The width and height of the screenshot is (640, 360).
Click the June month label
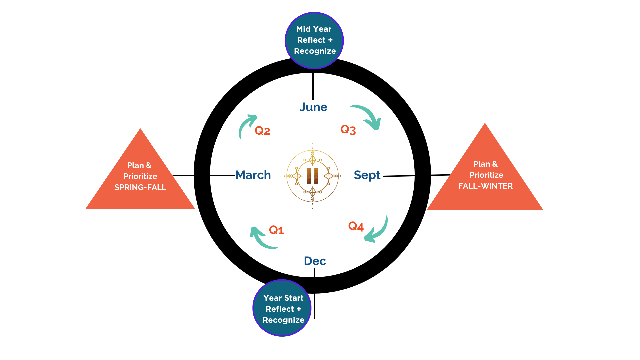(313, 107)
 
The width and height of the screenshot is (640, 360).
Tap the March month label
(253, 175)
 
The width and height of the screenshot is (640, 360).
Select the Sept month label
(367, 175)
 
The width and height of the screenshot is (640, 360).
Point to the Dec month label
(315, 261)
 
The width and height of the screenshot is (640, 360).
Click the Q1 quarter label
(276, 230)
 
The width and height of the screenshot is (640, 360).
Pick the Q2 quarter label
(262, 131)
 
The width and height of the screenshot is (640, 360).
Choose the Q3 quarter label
(348, 129)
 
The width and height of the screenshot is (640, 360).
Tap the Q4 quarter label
(356, 226)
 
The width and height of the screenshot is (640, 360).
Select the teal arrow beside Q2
(246, 125)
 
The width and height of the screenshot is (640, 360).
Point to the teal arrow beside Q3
(368, 116)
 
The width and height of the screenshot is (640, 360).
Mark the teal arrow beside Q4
(378, 231)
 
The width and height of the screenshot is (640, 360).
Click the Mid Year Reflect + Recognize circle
(314, 40)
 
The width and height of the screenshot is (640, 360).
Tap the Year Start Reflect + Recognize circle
(282, 308)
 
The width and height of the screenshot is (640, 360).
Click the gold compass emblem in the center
(313, 176)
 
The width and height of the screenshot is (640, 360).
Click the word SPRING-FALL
(140, 187)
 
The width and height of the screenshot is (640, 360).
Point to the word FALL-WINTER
(485, 186)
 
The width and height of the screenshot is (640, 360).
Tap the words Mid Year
(314, 29)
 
